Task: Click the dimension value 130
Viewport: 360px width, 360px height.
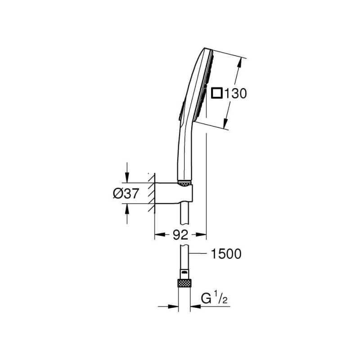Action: [235, 94]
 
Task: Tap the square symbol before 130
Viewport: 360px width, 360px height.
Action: [217, 93]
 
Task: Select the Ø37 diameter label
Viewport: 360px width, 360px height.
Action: [126, 193]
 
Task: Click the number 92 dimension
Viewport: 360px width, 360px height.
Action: [180, 235]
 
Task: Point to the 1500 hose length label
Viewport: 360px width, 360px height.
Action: [226, 254]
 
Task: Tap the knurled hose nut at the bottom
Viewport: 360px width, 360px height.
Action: [184, 283]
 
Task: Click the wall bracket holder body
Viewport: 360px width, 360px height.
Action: [174, 193]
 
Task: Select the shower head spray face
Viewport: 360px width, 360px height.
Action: [204, 85]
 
